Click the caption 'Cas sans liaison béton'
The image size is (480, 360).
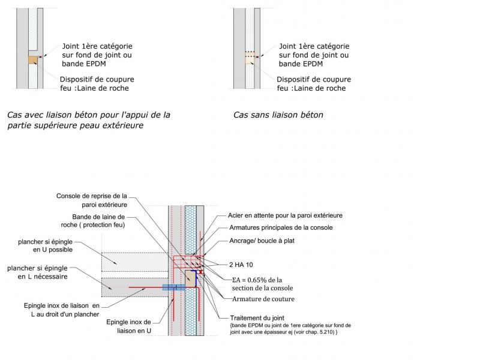click(x=278, y=115)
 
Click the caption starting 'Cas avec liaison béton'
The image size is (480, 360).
click(x=88, y=120)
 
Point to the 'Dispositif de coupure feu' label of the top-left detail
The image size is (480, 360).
click(x=97, y=84)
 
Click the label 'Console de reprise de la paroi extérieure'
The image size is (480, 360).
click(x=92, y=200)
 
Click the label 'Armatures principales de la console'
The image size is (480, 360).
click(x=281, y=227)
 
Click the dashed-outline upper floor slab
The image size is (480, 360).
click(x=132, y=262)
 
